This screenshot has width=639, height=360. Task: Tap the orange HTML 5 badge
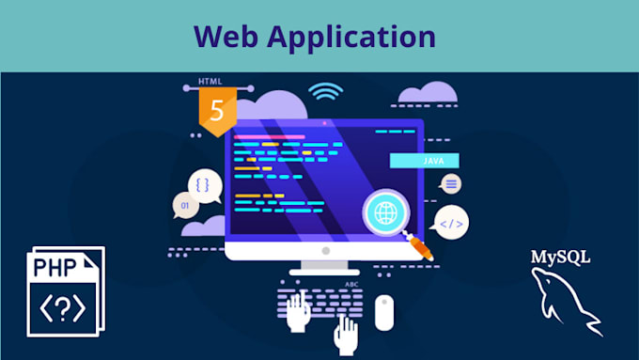click(x=217, y=111)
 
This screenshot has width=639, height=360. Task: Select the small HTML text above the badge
click(x=210, y=82)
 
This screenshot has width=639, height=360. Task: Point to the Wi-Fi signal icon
click(x=325, y=92)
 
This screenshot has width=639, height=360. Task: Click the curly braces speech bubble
click(x=204, y=182)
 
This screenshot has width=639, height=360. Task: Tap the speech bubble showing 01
click(x=183, y=205)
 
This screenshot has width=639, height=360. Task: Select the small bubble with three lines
click(x=451, y=183)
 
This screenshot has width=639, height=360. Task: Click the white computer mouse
click(x=383, y=312)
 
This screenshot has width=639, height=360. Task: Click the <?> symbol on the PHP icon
click(x=60, y=306)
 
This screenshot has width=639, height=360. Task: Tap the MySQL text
click(x=561, y=257)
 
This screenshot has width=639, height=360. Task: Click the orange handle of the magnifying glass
click(x=419, y=248)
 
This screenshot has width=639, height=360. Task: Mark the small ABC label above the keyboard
click(x=352, y=284)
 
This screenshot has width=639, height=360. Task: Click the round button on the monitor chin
click(x=324, y=251)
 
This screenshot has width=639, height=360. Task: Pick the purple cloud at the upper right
click(x=427, y=92)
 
